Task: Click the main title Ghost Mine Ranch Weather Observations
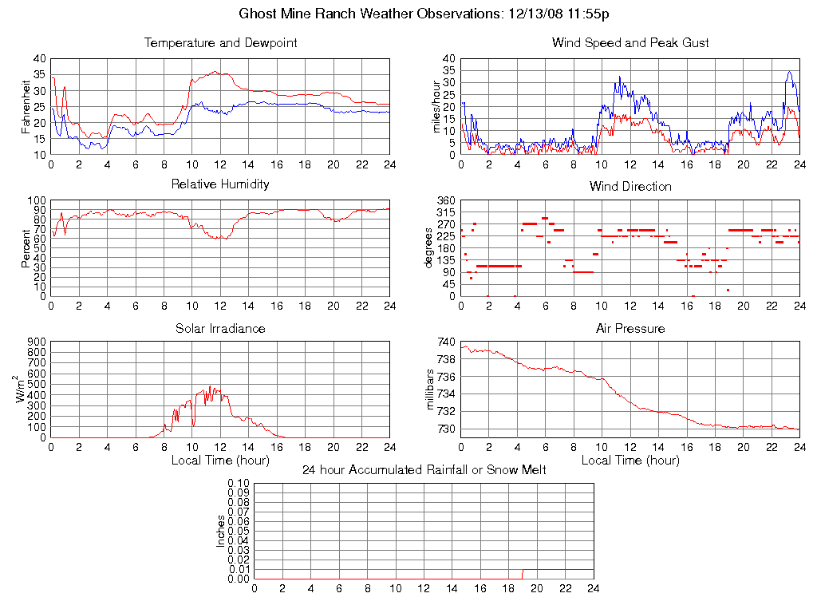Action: (x=424, y=14)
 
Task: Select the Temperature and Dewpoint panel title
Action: (x=220, y=43)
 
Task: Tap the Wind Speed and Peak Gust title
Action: (x=630, y=43)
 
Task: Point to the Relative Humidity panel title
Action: (x=220, y=184)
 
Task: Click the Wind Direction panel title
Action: (x=630, y=187)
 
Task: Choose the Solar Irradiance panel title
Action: (x=220, y=329)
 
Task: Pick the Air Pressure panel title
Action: (x=630, y=329)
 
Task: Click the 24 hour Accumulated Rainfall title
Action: (x=424, y=470)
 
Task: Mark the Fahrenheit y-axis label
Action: (x=26, y=107)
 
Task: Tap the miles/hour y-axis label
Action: (x=437, y=107)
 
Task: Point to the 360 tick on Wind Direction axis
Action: (x=446, y=200)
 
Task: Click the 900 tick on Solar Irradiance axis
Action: (x=37, y=342)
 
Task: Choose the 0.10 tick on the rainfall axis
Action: (x=239, y=483)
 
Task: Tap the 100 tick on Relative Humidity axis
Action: (x=37, y=200)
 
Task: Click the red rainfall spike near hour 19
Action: (x=523, y=575)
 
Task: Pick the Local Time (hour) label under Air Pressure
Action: (x=630, y=461)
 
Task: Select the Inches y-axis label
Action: (x=221, y=531)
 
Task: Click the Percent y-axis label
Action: (x=26, y=248)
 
